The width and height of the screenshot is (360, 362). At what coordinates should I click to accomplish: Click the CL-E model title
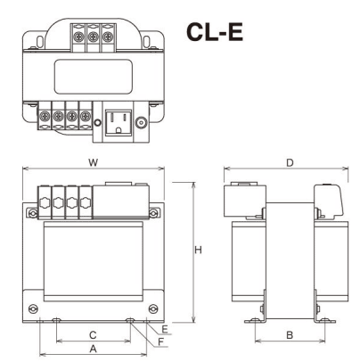tap(215, 32)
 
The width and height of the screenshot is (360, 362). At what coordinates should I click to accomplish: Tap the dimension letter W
tap(94, 162)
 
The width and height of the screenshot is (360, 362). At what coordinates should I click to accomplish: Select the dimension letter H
tap(198, 250)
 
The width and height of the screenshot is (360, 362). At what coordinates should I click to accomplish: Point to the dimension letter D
tap(290, 163)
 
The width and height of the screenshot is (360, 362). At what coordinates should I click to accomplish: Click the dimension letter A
tap(94, 349)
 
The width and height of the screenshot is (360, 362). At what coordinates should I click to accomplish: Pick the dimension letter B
tap(290, 335)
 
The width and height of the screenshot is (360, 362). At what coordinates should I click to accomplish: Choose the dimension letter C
tap(93, 335)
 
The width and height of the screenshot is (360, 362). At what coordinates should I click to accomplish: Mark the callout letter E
tap(165, 329)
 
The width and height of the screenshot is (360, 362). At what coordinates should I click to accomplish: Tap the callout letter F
tap(160, 342)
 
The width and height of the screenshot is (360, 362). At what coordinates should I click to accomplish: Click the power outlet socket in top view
tap(119, 123)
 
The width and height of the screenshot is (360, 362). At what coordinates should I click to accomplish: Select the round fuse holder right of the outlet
tap(141, 122)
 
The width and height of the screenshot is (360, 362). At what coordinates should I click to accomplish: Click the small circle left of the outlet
tap(97, 123)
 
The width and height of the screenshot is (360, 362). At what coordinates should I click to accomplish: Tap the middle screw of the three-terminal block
tap(94, 37)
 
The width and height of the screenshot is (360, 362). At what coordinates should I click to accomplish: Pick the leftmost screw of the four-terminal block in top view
tap(45, 116)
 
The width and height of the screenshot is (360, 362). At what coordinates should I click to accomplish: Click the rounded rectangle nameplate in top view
tap(94, 77)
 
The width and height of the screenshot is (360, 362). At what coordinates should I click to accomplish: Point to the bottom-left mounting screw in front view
tap(33, 309)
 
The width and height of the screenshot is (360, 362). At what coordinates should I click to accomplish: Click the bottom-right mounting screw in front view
tap(153, 309)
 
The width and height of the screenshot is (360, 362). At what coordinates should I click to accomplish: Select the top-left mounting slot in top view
tap(40, 42)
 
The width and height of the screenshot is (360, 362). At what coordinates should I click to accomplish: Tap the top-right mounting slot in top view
tap(146, 42)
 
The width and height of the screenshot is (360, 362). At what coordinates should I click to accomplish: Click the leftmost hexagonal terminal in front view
tap(45, 203)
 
